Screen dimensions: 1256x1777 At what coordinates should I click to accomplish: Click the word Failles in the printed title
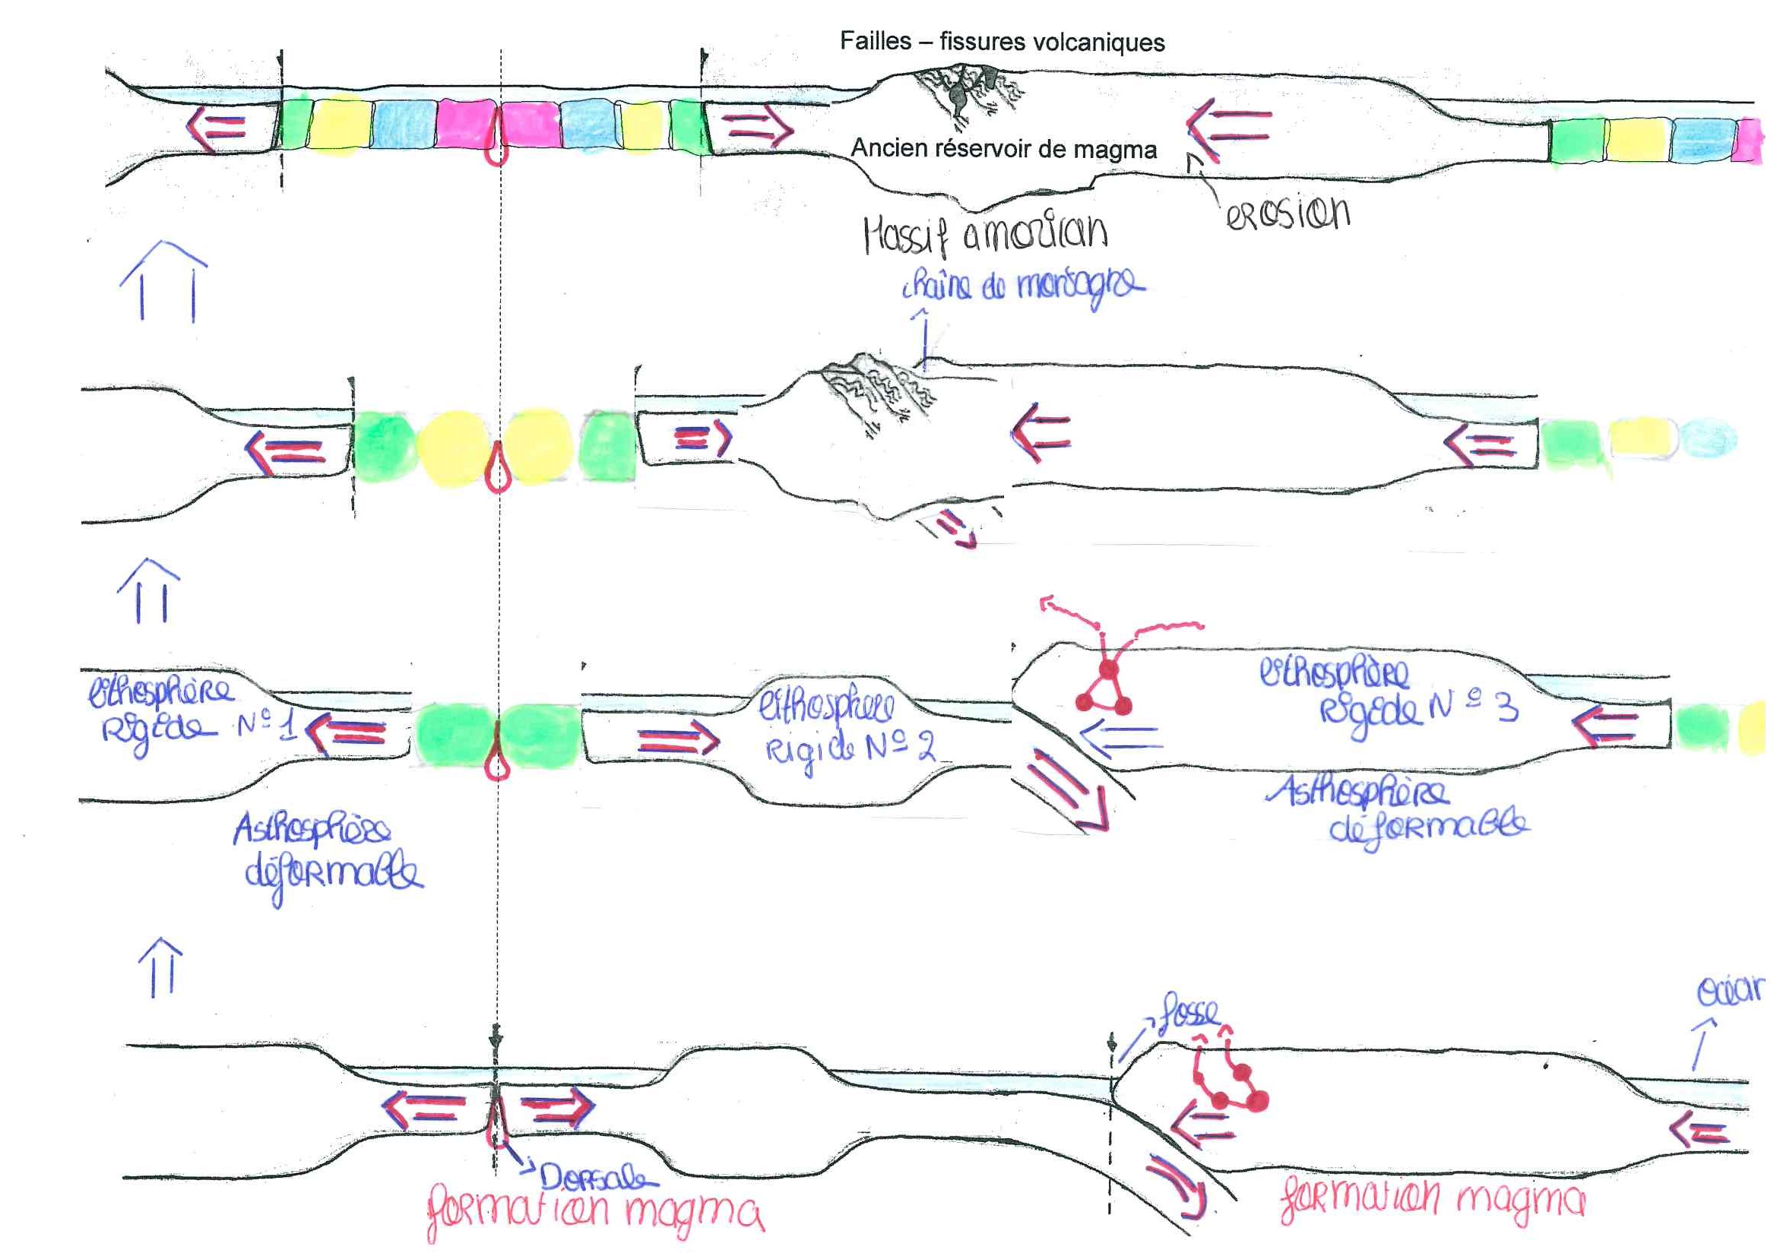point(876,41)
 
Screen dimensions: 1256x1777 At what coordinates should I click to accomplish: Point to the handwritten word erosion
point(1288,213)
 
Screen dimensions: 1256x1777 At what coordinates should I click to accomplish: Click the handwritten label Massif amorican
point(985,234)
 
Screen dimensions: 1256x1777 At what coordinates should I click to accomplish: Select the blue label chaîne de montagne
point(1022,286)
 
